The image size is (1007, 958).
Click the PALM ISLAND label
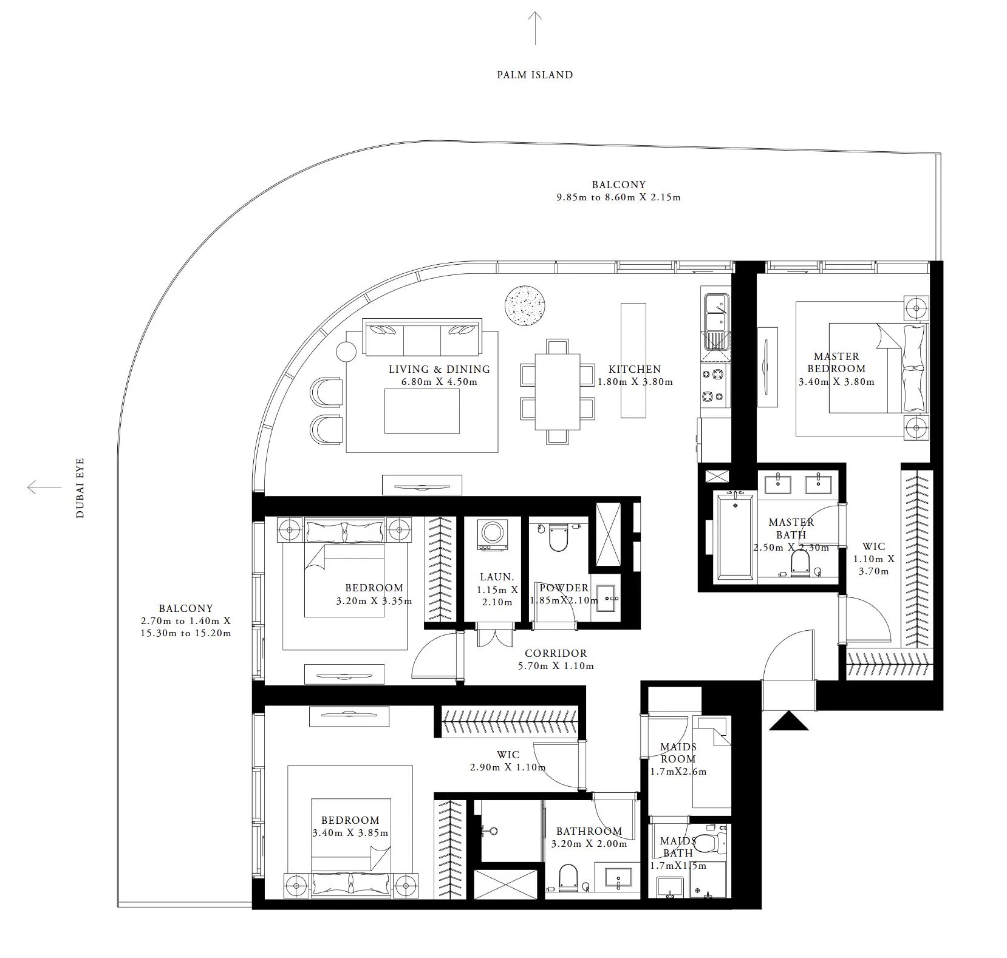(534, 75)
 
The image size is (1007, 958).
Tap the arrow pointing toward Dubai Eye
(44, 487)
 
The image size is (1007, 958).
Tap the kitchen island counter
(633, 360)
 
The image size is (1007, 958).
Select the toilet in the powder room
(557, 537)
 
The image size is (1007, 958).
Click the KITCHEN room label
(635, 369)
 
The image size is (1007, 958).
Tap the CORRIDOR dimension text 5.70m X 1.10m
(556, 666)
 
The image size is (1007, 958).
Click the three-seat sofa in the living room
(422, 336)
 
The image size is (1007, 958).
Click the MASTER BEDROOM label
(836, 362)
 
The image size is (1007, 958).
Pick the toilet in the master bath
(800, 562)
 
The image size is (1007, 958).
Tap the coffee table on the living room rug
(422, 411)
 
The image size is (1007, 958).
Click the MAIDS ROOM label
(678, 753)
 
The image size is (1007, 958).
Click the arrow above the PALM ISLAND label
(534, 28)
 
